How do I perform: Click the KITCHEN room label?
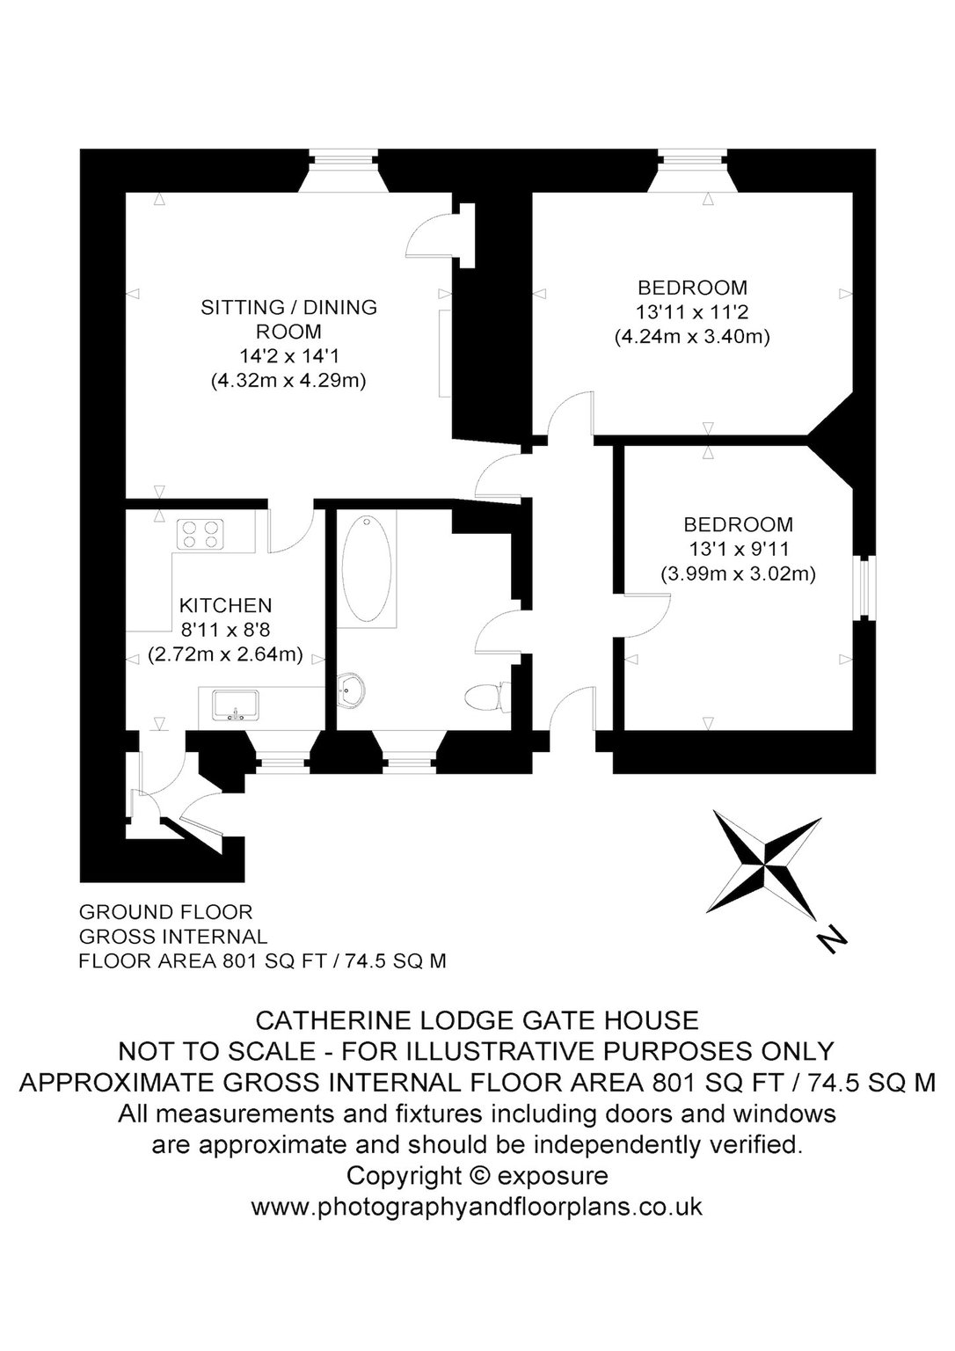point(226,605)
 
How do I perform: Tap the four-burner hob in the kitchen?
point(200,534)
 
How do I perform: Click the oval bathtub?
point(367,568)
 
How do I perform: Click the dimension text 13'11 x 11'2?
point(692,312)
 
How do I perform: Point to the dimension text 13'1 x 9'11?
point(738,550)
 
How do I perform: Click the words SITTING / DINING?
point(288,307)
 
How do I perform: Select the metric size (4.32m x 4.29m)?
point(288,381)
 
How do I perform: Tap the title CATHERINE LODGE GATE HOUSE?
point(477,1020)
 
